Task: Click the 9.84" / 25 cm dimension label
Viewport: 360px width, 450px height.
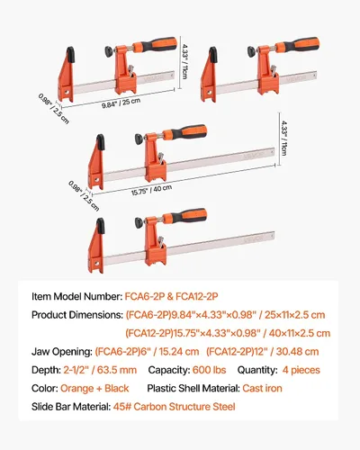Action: tap(121, 103)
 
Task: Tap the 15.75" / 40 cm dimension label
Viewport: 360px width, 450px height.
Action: tap(151, 190)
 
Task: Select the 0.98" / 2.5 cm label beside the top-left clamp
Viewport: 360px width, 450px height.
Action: tap(54, 109)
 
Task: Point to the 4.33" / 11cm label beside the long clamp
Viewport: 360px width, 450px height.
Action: tap(283, 138)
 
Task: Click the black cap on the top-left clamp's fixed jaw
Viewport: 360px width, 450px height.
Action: tap(70, 55)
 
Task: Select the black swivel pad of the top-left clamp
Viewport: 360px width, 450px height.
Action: tap(109, 51)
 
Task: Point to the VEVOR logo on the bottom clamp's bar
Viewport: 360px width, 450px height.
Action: tap(254, 238)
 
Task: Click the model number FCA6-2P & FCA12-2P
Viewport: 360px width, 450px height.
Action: tap(171, 296)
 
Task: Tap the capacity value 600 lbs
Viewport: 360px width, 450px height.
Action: tap(209, 370)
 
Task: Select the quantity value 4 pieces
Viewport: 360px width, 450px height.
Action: tap(301, 370)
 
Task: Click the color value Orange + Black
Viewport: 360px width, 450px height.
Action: tap(94, 388)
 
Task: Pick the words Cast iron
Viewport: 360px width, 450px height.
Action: tap(262, 388)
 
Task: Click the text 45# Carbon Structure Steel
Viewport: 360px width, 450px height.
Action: tap(174, 407)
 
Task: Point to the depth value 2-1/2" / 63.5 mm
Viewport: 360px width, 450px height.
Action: tap(100, 370)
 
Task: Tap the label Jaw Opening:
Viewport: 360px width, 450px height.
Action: tap(62, 352)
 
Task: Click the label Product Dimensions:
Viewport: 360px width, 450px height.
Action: tap(77, 315)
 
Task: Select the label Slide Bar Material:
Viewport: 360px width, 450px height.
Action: tap(71, 407)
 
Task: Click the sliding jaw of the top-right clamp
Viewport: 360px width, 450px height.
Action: tap(267, 70)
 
